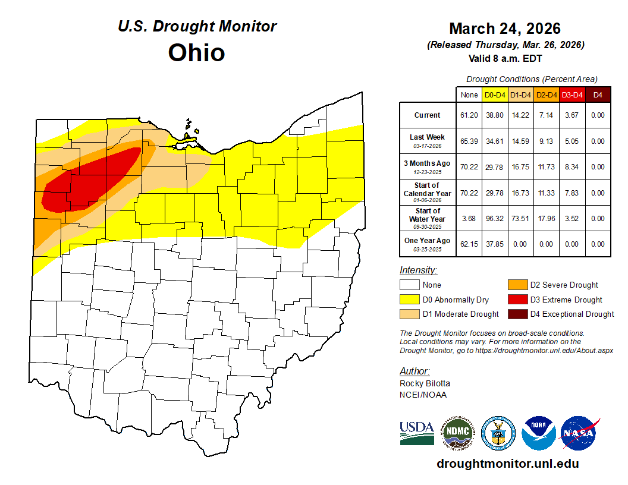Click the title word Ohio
[x=196, y=52]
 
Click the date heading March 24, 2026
[x=505, y=29]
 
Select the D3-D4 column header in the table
[x=572, y=95]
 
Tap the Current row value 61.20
[x=469, y=115]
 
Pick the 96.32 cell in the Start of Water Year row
[x=495, y=219]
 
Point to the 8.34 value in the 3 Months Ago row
[x=572, y=167]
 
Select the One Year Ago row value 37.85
[x=495, y=244]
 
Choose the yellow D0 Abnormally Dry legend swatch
[x=410, y=300]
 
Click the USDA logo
[x=417, y=433]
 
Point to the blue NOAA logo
[x=539, y=433]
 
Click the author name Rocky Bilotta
[x=425, y=383]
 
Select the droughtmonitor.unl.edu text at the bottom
[x=507, y=464]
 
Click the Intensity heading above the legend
[x=418, y=270]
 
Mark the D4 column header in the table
[x=598, y=95]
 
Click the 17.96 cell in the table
[x=546, y=219]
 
